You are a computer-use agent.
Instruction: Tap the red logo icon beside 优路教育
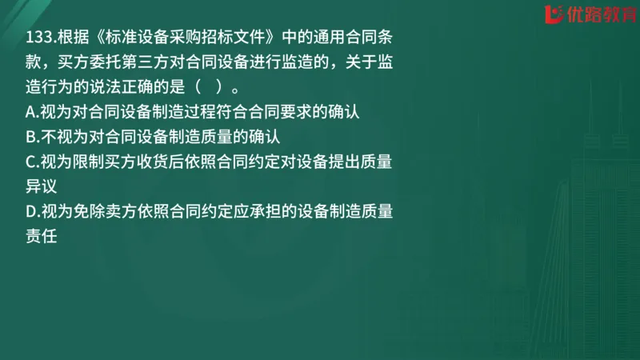(552, 14)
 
